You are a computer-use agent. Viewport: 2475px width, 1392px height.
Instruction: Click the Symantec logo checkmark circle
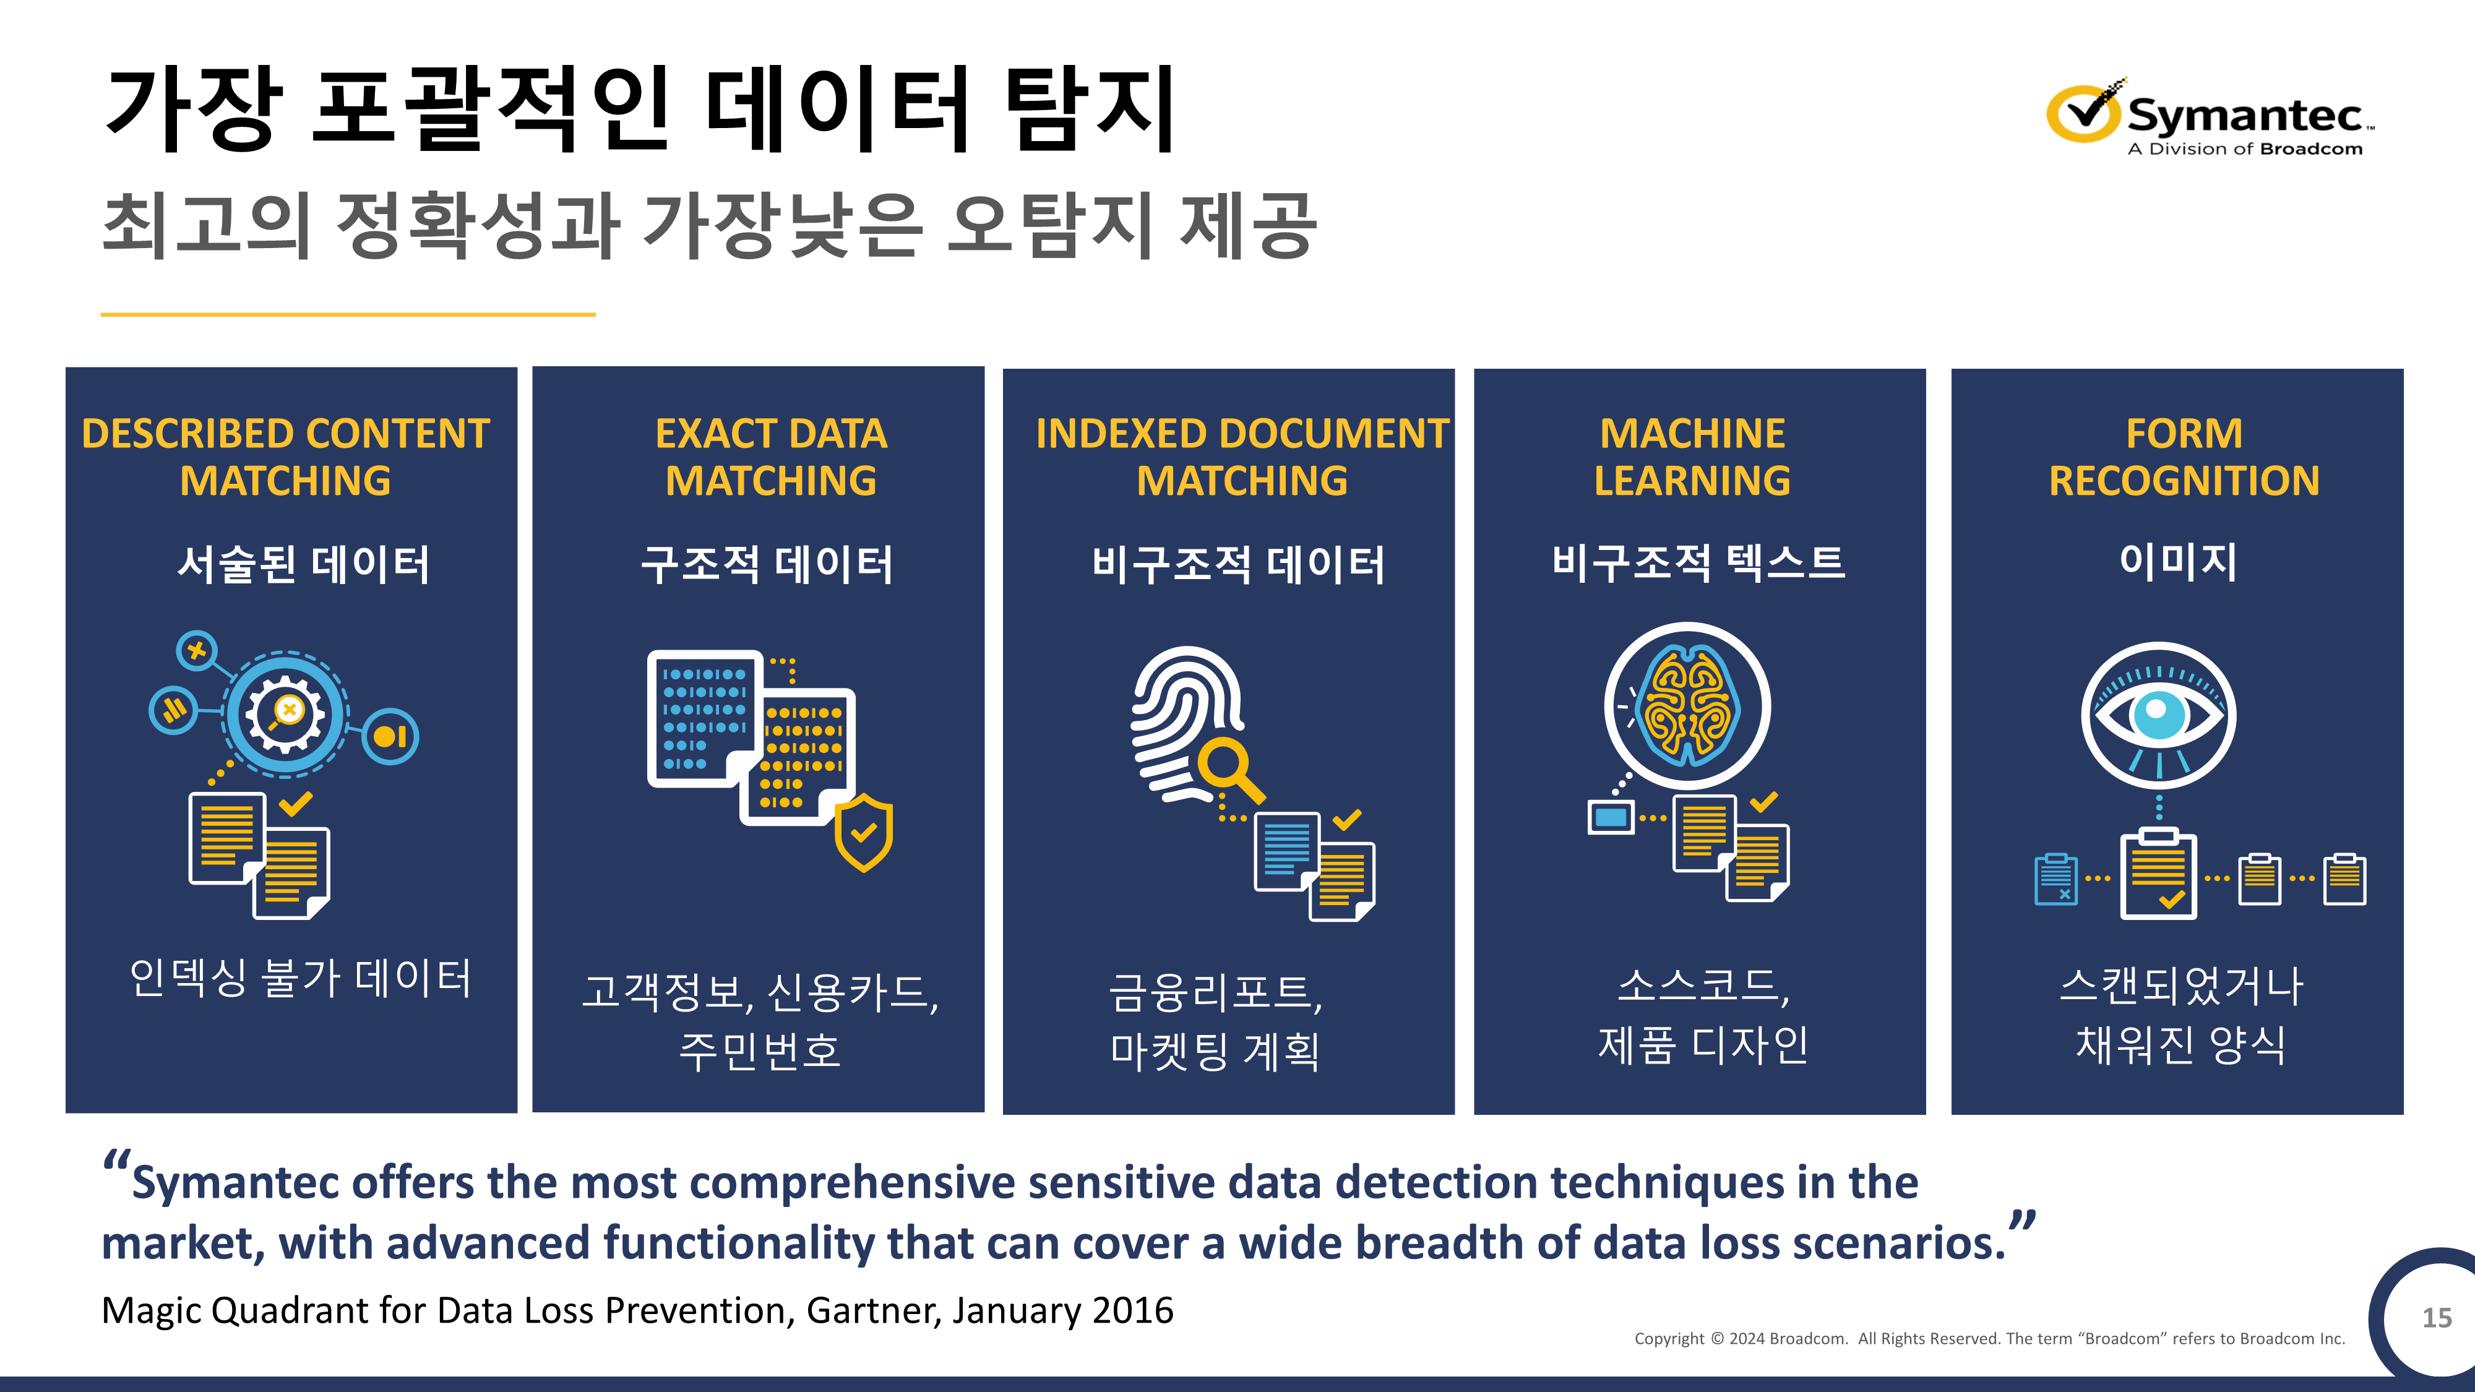point(2082,113)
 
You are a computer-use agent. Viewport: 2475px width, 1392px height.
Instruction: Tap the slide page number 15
point(2437,1317)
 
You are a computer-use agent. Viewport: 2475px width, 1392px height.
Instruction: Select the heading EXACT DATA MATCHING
point(770,457)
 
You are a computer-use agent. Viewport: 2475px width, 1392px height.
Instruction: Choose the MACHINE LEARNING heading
point(1692,457)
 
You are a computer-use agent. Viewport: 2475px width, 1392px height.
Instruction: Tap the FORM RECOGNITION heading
point(2184,457)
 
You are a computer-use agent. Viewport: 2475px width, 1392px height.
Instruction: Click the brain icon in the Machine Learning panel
point(1688,706)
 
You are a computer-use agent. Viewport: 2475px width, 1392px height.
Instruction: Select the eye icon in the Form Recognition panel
point(2158,716)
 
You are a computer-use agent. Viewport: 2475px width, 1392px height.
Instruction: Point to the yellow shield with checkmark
point(864,832)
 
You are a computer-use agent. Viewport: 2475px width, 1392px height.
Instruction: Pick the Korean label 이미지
point(2178,561)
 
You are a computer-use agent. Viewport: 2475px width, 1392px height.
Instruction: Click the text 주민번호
point(759,1050)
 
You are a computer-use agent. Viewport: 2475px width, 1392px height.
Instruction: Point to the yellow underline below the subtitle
point(348,314)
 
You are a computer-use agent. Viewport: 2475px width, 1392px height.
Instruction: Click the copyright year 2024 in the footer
point(1747,1338)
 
